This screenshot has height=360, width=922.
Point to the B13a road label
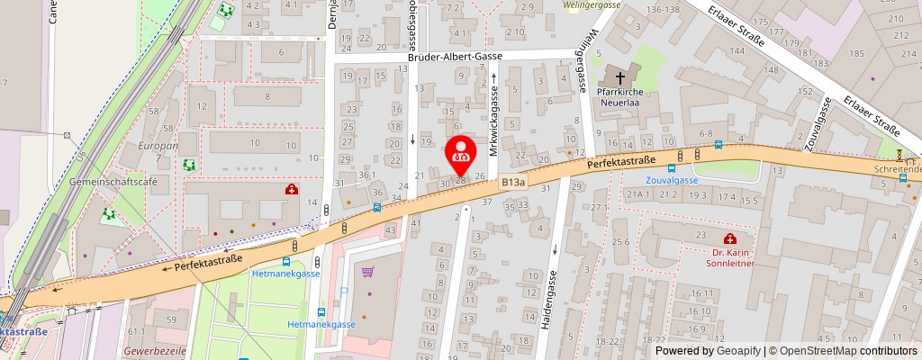pyautogui.click(x=514, y=182)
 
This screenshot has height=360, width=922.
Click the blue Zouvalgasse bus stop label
pyautogui.click(x=673, y=180)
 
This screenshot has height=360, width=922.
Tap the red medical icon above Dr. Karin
pyautogui.click(x=729, y=238)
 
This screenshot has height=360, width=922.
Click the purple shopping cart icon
pyautogui.click(x=367, y=271)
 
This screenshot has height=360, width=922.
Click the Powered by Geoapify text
pyautogui.click(x=708, y=351)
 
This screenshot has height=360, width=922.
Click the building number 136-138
pyautogui.click(x=663, y=9)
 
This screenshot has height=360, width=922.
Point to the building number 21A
pyautogui.click(x=637, y=193)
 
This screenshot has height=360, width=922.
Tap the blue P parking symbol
pyautogui.click(x=344, y=292)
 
